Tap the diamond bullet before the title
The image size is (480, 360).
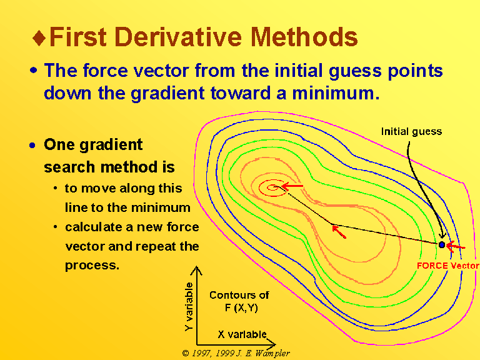click(x=39, y=37)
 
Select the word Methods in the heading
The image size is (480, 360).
click(x=304, y=37)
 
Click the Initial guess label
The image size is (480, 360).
click(x=411, y=131)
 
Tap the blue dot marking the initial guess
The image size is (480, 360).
click(x=442, y=244)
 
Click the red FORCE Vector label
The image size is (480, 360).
click(x=448, y=266)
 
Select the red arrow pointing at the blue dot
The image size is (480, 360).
click(x=456, y=246)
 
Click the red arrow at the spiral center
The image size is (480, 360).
click(x=292, y=186)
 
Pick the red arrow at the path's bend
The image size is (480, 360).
click(x=339, y=231)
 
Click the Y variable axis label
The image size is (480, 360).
click(x=189, y=307)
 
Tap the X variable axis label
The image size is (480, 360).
click(x=242, y=334)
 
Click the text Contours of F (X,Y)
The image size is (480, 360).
click(x=239, y=301)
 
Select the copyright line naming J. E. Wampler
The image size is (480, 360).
click(x=236, y=353)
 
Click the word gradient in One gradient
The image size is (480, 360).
click(x=111, y=145)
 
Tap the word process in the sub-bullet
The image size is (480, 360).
click(x=92, y=266)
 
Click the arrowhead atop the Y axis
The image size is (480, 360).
click(x=196, y=270)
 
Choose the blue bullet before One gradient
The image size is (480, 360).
click(x=32, y=146)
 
